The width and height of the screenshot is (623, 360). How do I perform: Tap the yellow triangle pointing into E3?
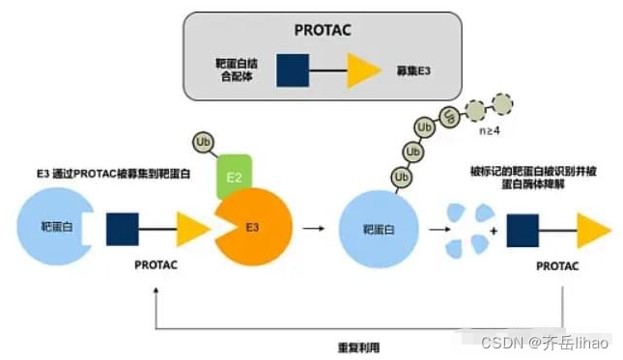(194, 228)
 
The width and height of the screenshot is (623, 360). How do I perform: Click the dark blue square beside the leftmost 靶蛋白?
(121, 228)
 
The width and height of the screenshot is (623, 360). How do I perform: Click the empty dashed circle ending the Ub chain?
(501, 103)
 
